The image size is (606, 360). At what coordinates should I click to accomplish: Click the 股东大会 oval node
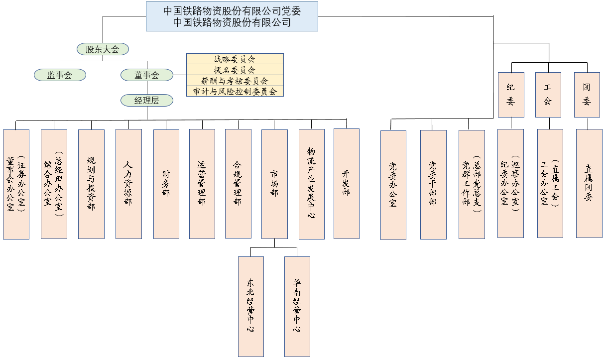tap(103, 49)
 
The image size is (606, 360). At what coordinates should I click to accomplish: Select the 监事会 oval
tap(60, 75)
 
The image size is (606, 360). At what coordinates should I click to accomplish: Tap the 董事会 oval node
tap(146, 75)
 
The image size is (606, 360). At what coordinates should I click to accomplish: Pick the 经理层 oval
tap(146, 100)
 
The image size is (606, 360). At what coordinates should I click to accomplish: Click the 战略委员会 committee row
tap(235, 59)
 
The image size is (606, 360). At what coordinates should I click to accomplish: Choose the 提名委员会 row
tap(235, 70)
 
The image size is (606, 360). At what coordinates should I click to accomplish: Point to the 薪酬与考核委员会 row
tap(235, 81)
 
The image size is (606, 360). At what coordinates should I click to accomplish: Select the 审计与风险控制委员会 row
tap(235, 92)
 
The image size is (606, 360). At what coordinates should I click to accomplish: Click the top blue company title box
tap(232, 16)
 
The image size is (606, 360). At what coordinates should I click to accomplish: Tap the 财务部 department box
tap(166, 184)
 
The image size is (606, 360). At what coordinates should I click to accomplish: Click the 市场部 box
tap(274, 184)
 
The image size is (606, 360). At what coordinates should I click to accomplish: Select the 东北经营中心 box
tap(250, 306)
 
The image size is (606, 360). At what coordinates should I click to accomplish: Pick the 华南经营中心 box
tap(297, 306)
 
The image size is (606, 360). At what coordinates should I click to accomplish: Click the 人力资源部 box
tap(128, 184)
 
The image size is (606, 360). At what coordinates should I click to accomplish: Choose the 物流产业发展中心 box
tap(311, 184)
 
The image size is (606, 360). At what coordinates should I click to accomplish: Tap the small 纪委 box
tap(511, 95)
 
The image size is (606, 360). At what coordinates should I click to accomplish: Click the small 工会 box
tap(548, 95)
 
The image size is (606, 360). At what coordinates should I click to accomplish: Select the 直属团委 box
tap(589, 183)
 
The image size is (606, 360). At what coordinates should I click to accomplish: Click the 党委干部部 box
tap(433, 185)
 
